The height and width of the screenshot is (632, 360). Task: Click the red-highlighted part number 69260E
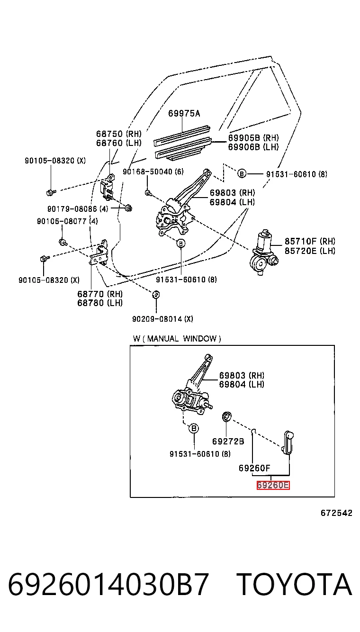[273, 485]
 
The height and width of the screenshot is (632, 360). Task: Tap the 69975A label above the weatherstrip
[184, 113]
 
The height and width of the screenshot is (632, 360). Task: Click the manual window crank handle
[287, 442]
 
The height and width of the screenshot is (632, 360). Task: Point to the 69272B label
[228, 441]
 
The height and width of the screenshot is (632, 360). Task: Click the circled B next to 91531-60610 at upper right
[242, 174]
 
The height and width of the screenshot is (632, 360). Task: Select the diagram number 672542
[336, 513]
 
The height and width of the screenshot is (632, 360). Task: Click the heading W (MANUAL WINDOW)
[177, 339]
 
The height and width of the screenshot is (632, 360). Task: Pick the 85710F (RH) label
[310, 241]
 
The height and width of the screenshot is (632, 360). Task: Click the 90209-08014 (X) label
[162, 319]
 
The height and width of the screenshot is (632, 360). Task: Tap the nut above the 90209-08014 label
[156, 295]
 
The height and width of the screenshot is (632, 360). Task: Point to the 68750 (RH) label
[118, 134]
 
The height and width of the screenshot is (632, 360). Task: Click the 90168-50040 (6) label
[153, 171]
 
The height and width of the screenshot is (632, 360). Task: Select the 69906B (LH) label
[253, 147]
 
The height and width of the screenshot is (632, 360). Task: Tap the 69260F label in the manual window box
[254, 468]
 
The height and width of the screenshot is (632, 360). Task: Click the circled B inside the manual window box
[194, 428]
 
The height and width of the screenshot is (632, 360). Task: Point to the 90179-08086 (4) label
[78, 209]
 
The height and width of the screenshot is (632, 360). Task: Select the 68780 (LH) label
[100, 303]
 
